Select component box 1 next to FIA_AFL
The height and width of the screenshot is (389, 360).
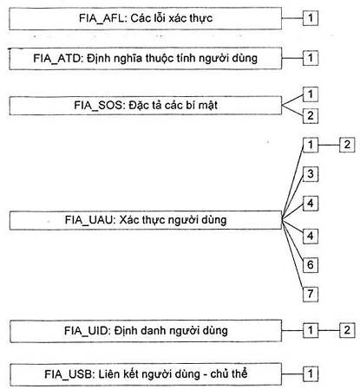(x=311, y=18)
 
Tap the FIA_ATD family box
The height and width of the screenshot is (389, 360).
(x=146, y=59)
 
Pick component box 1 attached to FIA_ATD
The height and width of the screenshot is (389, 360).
(x=311, y=58)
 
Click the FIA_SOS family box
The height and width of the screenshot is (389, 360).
(x=146, y=106)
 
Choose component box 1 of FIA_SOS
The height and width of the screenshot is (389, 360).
(x=311, y=94)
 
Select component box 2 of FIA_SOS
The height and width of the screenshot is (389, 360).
(x=311, y=116)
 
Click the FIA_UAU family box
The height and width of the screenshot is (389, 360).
(x=146, y=220)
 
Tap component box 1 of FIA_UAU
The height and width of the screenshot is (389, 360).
(x=311, y=145)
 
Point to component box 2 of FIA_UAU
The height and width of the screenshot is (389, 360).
(x=347, y=145)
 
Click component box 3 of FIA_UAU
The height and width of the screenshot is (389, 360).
(x=311, y=174)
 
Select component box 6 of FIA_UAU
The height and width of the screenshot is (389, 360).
(x=311, y=265)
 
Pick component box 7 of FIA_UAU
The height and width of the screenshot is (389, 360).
(x=311, y=295)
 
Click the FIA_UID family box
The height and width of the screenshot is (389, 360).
(x=146, y=331)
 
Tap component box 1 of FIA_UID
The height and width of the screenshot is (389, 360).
(x=311, y=330)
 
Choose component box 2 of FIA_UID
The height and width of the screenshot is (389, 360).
(x=347, y=330)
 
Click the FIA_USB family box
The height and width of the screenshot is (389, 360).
(x=146, y=374)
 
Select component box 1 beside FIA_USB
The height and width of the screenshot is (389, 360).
(x=311, y=374)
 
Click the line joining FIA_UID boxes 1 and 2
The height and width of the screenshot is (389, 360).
(x=329, y=330)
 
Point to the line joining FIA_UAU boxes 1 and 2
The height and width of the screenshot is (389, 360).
(x=329, y=145)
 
